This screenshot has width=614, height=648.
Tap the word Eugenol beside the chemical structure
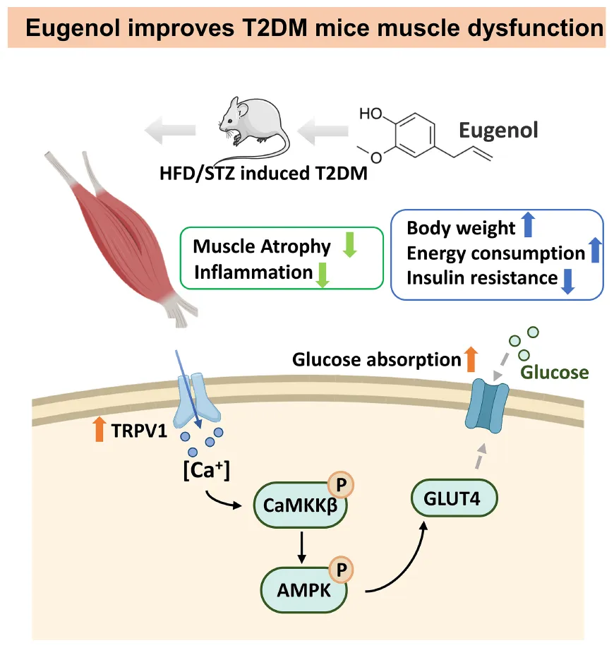(498, 130)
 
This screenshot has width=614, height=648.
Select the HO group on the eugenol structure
(371, 114)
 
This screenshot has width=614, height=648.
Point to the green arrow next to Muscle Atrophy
(349, 246)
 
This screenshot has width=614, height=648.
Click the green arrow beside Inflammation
(323, 273)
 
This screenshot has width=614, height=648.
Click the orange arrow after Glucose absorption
(471, 359)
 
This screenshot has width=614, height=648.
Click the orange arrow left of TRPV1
(99, 429)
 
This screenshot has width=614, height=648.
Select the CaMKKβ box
(300, 504)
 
